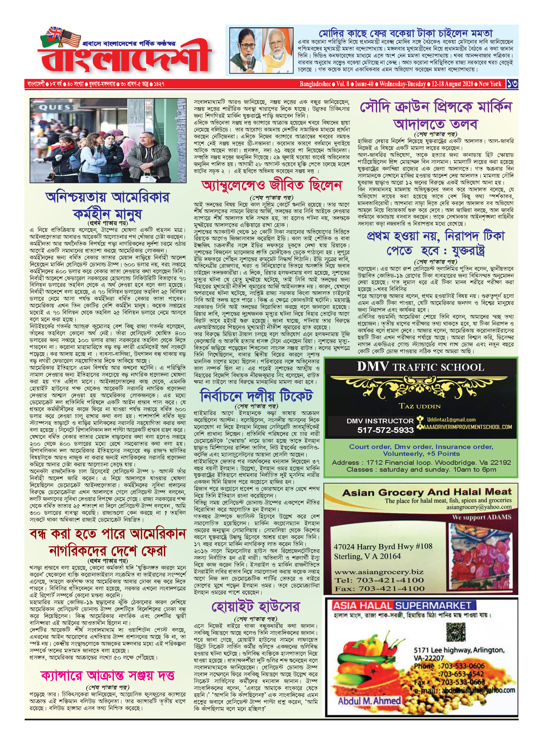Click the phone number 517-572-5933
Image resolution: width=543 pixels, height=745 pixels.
(385, 430)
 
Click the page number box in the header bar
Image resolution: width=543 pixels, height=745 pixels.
(512, 84)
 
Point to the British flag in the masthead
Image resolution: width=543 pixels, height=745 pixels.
(54, 33)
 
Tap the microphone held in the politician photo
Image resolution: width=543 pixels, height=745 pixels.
(250, 62)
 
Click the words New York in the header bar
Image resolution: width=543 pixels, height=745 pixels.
(490, 84)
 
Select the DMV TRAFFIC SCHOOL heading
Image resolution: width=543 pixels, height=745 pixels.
(420, 367)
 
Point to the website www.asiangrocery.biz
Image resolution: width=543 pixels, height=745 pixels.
(379, 572)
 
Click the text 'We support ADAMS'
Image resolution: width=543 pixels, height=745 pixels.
(481, 517)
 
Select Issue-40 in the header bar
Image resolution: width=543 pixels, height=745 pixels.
(364, 84)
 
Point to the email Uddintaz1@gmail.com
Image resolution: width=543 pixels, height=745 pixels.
(451, 420)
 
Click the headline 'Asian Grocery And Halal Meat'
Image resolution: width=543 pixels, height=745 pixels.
(427, 492)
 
